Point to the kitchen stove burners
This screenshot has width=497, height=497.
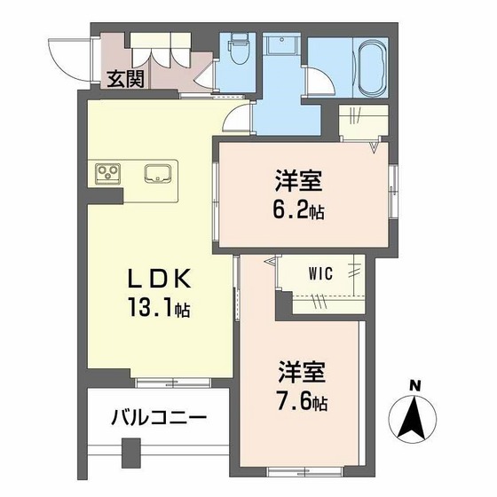coord(107,171)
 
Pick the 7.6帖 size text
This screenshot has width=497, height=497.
coord(302,402)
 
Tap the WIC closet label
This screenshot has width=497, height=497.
coord(321,274)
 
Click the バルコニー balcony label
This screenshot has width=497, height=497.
coord(160,415)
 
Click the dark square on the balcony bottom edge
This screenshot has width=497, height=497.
coord(131,454)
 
